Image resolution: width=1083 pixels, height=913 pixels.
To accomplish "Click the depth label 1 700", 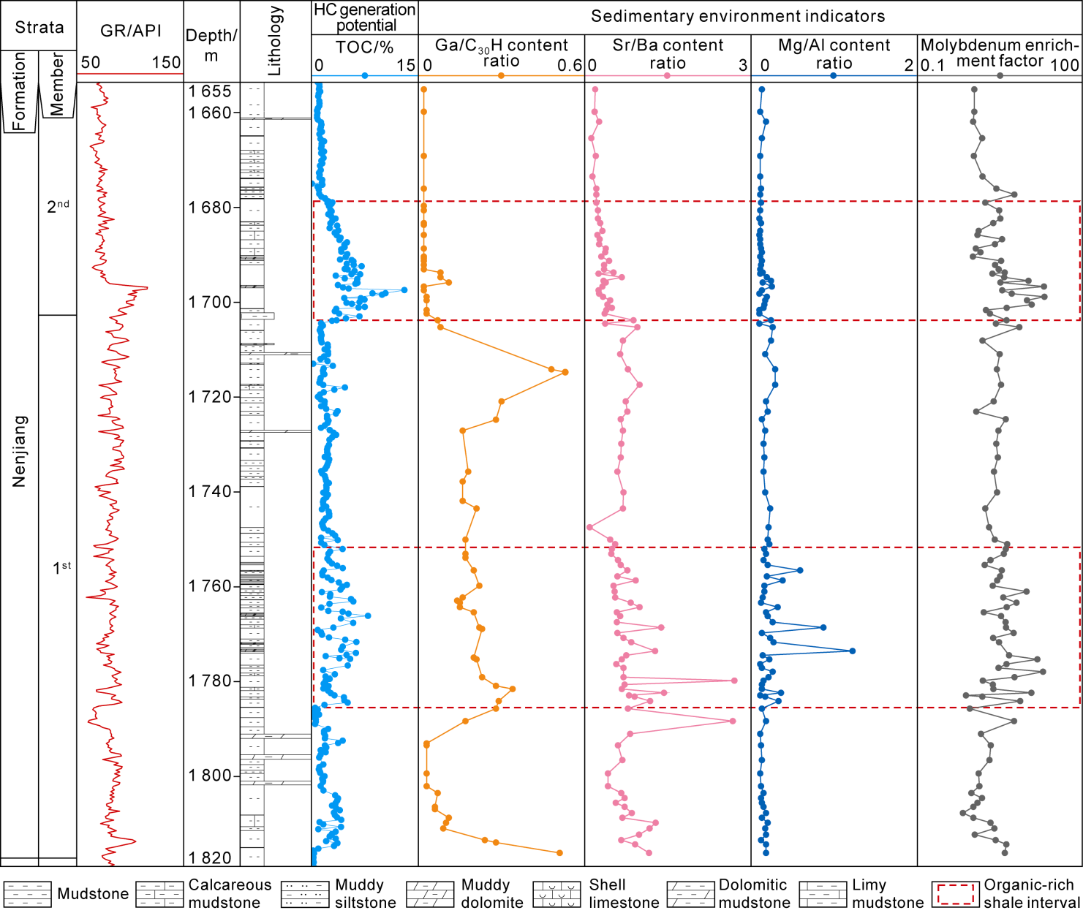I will (210, 302).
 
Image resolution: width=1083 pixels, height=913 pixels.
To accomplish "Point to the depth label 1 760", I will (210, 586).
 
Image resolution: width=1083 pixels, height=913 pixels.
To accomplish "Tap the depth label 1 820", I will (210, 858).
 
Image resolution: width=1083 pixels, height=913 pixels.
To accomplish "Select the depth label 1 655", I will (210, 91).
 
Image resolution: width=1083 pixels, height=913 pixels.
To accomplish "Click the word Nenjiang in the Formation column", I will (19, 451).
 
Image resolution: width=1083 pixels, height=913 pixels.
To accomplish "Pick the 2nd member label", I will (58, 206).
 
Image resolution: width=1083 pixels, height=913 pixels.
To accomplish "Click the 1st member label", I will (61, 568).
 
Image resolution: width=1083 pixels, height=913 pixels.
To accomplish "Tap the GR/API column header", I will (130, 30).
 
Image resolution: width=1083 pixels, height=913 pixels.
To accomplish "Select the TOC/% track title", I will (364, 48).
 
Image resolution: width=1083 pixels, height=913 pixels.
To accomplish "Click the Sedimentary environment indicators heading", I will (737, 16).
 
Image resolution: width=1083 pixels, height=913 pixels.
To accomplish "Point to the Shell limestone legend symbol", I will (557, 894).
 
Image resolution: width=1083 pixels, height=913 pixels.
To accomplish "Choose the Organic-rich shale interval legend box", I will (955, 894).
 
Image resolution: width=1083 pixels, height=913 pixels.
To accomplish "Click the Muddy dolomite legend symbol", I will (430, 894).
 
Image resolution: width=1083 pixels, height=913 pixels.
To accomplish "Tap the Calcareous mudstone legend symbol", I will (159, 894).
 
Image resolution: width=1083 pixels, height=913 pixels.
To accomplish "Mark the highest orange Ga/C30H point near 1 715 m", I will (565, 372).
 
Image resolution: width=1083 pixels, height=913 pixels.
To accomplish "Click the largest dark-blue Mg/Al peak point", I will (852, 651).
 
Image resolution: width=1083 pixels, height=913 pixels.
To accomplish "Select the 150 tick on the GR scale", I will (167, 62).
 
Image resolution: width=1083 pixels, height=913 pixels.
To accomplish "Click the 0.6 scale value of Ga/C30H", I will (569, 66).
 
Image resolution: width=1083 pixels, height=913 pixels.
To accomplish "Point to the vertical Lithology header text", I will (275, 41).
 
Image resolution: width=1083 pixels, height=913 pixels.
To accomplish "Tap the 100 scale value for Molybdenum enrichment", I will (1064, 65).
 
